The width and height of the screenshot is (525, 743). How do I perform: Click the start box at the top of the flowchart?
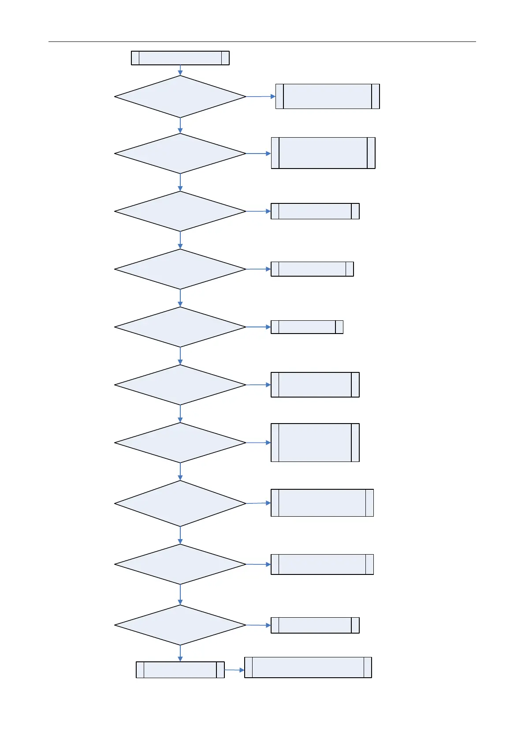click(x=180, y=58)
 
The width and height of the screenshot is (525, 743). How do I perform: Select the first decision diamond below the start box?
click(x=180, y=97)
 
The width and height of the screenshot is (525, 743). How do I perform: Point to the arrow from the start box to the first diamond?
click(x=180, y=70)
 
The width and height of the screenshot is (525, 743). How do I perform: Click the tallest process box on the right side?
click(x=315, y=443)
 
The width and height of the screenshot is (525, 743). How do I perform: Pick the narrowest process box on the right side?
click(x=307, y=327)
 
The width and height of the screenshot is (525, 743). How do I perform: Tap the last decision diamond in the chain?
click(x=180, y=625)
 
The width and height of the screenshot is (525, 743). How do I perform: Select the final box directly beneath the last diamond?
click(x=180, y=670)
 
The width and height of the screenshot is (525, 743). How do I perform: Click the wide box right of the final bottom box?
click(x=308, y=667)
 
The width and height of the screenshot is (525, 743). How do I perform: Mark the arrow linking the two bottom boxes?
click(x=235, y=670)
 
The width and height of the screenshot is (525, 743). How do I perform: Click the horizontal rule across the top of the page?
click(x=262, y=42)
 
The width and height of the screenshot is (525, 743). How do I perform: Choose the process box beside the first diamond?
click(x=328, y=96)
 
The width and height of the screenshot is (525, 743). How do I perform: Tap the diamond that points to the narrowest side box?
click(x=180, y=327)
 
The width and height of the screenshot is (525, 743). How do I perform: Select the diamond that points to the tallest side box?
click(x=180, y=443)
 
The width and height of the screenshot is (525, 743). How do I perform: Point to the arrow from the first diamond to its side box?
click(x=261, y=96)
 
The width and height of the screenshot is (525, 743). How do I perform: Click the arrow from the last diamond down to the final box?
click(x=180, y=653)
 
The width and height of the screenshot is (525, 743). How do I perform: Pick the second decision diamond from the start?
click(x=180, y=154)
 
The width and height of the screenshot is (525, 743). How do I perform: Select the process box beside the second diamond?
click(x=323, y=153)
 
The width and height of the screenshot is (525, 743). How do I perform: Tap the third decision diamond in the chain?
click(x=180, y=211)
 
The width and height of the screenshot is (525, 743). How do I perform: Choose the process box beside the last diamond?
click(x=315, y=625)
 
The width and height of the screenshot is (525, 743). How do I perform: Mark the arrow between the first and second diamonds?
click(x=180, y=126)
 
